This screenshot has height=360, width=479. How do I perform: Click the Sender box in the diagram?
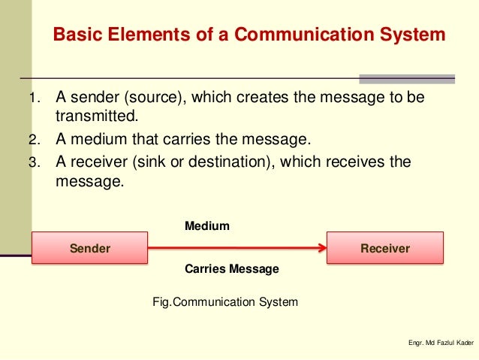pos(89,248)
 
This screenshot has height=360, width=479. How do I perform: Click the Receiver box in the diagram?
pos(384,248)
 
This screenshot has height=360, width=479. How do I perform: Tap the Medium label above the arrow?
pos(206,225)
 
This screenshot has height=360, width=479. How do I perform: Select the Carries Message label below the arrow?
pos(231,269)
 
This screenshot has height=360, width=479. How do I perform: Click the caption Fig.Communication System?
pos(225,302)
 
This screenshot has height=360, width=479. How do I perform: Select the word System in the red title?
pos(412,35)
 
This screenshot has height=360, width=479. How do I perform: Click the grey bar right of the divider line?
pos(406,78)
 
